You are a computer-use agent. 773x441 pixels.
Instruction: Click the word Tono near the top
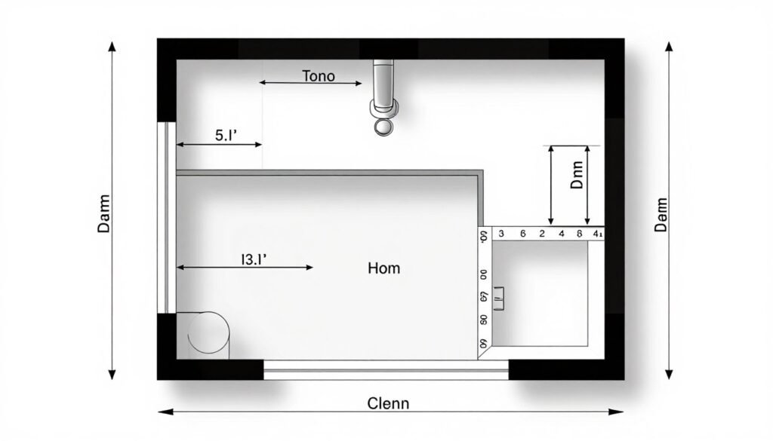(x=319, y=76)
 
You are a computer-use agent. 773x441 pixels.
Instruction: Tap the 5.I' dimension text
(x=226, y=136)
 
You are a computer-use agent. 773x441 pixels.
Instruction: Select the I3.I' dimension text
(x=255, y=259)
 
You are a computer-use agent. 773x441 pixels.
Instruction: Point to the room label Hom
(x=384, y=268)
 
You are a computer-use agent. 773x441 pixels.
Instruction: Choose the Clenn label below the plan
(x=388, y=403)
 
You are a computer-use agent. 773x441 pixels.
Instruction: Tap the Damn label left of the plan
(x=104, y=213)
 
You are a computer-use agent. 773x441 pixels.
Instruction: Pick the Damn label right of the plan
(x=661, y=213)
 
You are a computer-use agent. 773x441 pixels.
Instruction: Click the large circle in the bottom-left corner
(x=208, y=333)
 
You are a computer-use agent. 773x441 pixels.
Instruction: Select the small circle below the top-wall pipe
(x=384, y=127)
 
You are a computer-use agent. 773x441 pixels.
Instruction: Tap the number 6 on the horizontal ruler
(x=522, y=234)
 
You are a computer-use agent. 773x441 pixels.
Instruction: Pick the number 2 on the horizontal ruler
(x=541, y=234)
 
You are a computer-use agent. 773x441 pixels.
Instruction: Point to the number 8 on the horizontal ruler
(x=579, y=234)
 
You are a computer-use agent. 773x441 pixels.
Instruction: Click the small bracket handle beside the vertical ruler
(x=498, y=299)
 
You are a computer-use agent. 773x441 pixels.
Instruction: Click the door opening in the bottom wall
(x=386, y=369)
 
